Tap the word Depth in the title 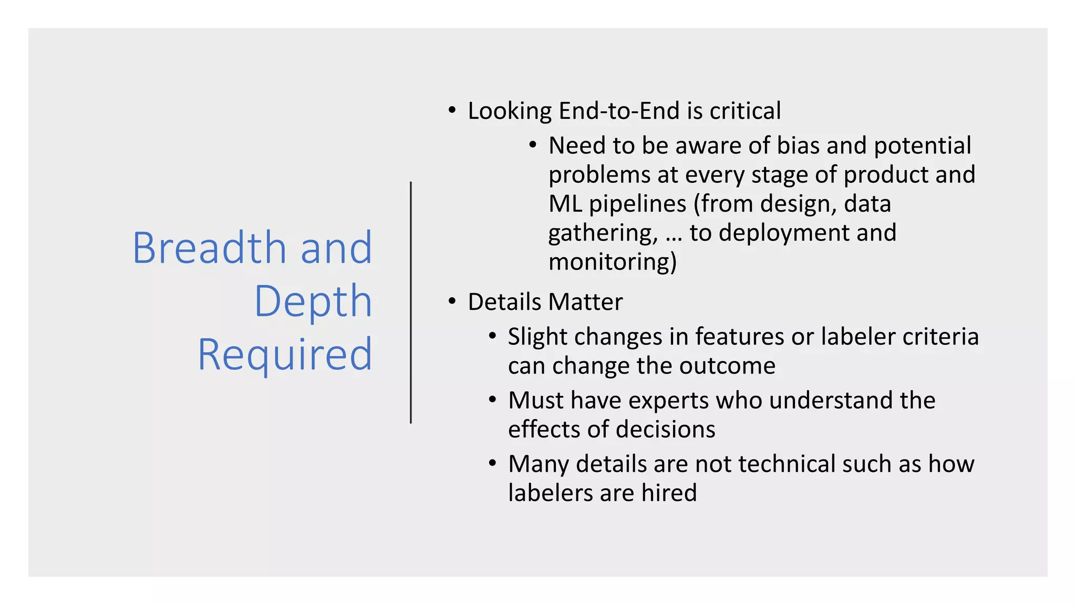coord(313,301)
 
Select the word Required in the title coord(285,354)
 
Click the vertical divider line coord(411,302)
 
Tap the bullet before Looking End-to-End coord(452,111)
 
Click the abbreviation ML coord(565,204)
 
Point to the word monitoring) coord(613,262)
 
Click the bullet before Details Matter coord(452,302)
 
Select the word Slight coord(537,337)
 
